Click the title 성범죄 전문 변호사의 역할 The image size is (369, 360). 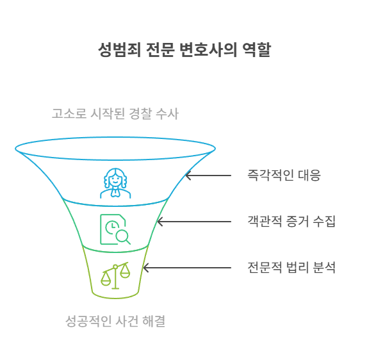click(184, 50)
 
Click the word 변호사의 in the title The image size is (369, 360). click(208, 50)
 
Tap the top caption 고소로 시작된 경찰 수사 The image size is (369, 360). click(115, 113)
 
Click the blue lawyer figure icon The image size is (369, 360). click(115, 183)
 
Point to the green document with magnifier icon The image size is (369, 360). click(115, 229)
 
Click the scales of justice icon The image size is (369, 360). click(115, 275)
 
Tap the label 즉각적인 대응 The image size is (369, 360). click(284, 176)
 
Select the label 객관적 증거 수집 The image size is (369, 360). click(291, 222)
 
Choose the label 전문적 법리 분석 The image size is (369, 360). click(291, 268)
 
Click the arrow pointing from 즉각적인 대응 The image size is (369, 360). click(208, 176)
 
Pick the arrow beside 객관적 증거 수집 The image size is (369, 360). click(194, 222)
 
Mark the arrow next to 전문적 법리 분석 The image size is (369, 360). click(187, 268)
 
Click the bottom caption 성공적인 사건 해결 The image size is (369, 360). click(115, 321)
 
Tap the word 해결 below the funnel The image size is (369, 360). click(154, 321)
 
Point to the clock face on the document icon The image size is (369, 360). click(112, 227)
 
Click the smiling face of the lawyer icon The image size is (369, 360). click(115, 180)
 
